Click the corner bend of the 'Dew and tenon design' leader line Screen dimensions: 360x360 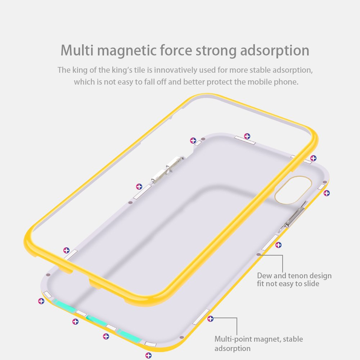pos(282,255)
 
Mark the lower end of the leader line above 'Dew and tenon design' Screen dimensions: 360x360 pos(282,273)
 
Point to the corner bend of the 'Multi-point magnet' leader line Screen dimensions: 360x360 pos(237,318)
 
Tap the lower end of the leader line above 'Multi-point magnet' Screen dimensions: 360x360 pos(237,335)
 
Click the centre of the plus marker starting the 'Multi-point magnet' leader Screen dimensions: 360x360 pos(210,319)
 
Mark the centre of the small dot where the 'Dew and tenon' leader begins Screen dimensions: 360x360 pos(258,255)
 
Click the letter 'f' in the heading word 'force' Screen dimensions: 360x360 pos(163,50)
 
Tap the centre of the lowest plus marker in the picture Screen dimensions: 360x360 pos(149,355)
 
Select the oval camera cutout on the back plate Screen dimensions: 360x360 pos(293,190)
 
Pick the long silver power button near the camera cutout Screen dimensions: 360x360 pos(293,217)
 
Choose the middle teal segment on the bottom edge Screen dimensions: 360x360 pos(97,320)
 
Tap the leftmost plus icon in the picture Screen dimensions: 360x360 pos(41,301)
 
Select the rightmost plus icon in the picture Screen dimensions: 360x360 pos(327,193)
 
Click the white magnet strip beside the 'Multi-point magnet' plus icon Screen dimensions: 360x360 pos(201,317)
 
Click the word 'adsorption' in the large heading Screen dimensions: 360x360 pos(275,50)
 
